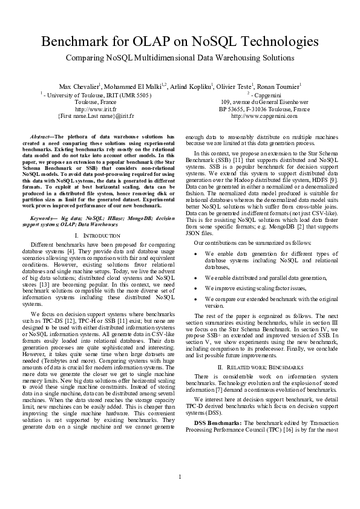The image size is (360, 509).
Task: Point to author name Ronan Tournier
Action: coord(279,86)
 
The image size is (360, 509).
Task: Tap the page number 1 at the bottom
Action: coord(180,477)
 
